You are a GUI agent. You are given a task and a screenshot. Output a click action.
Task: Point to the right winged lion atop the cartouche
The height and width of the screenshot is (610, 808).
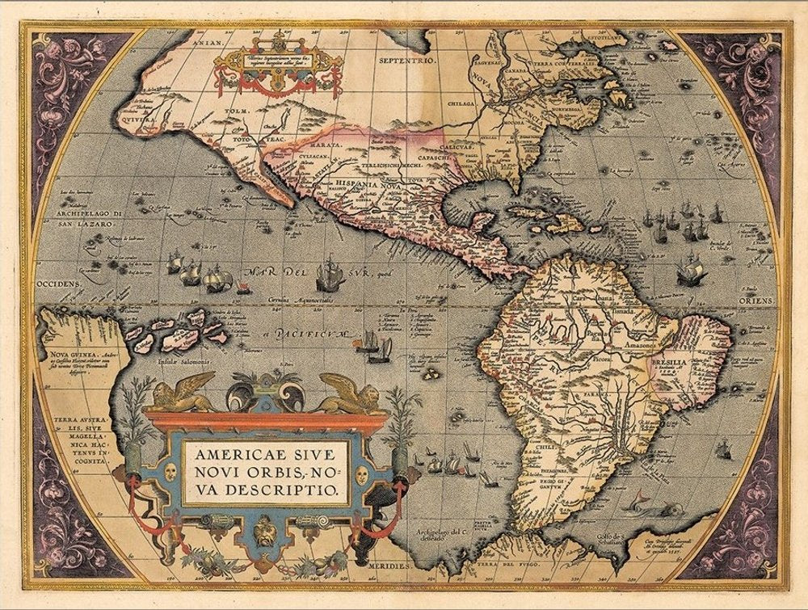(351, 393)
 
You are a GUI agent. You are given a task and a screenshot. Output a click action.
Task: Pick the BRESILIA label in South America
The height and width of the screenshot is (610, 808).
(667, 364)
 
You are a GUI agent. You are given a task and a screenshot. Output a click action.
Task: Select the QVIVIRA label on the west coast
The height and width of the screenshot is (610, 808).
(158, 114)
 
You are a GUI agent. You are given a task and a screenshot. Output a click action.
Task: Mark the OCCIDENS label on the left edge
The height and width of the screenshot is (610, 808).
(57, 285)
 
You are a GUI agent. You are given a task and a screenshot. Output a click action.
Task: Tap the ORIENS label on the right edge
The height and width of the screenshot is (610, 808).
(754, 299)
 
